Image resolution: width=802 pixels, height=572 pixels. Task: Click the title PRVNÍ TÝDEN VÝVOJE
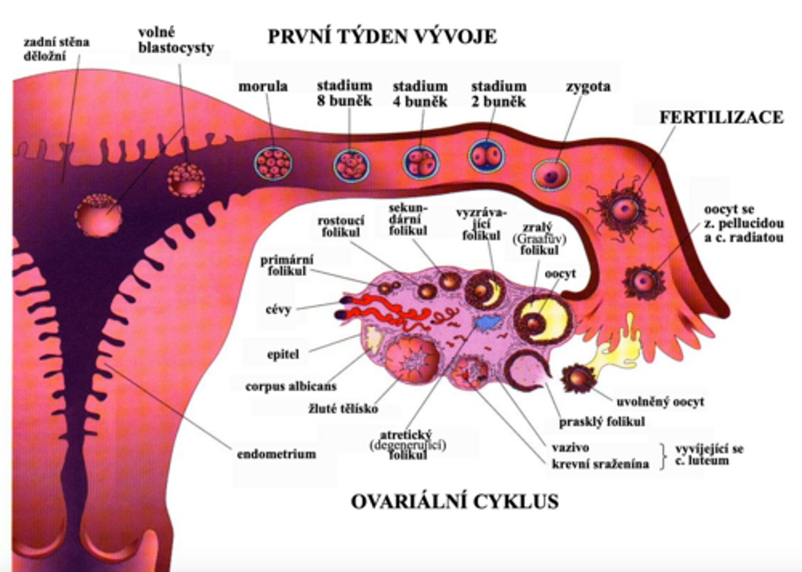click(x=382, y=37)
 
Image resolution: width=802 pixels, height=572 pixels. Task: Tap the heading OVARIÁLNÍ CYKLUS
click(x=454, y=501)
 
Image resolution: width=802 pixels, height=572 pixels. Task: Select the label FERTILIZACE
click(x=721, y=117)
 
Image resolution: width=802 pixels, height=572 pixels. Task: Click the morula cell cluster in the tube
click(x=273, y=163)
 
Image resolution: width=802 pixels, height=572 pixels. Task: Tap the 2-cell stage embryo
click(x=486, y=156)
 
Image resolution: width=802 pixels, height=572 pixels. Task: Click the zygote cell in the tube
click(x=551, y=175)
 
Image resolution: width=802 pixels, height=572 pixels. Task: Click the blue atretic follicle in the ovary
click(x=486, y=322)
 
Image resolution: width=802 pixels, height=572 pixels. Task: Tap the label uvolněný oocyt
click(x=660, y=401)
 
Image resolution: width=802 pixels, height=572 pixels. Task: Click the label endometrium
click(x=276, y=453)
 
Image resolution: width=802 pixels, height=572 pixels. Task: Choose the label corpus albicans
click(x=291, y=386)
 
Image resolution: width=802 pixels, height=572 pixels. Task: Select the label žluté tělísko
click(x=343, y=409)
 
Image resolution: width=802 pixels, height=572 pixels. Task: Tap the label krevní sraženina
click(x=600, y=463)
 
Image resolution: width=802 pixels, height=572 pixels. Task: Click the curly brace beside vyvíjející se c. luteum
click(x=662, y=456)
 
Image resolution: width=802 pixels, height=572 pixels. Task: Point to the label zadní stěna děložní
click(x=56, y=48)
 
